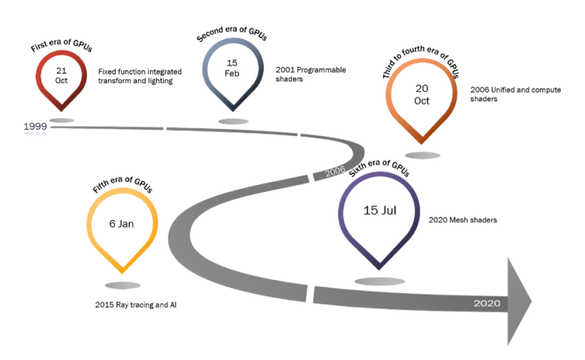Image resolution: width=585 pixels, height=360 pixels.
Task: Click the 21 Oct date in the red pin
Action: pyautogui.click(x=62, y=75)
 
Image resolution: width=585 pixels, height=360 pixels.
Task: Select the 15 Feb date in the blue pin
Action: pyautogui.click(x=232, y=68)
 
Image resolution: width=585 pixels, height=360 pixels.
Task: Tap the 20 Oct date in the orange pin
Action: pyautogui.click(x=422, y=94)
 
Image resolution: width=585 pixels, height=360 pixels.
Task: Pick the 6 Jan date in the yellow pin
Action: pyautogui.click(x=121, y=224)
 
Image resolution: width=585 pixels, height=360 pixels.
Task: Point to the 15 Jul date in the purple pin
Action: pyautogui.click(x=380, y=210)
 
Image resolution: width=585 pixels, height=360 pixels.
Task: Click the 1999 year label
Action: pyautogui.click(x=36, y=126)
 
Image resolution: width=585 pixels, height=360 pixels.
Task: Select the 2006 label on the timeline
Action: pyautogui.click(x=335, y=171)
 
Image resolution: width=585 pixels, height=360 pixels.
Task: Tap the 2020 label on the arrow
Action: pyautogui.click(x=487, y=303)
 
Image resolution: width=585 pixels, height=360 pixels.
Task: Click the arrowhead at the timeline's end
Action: pyautogui.click(x=519, y=301)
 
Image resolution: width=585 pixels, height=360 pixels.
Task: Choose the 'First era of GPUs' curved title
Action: pyautogui.click(x=61, y=45)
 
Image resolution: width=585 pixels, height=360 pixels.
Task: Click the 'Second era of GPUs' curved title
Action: pyautogui.click(x=232, y=33)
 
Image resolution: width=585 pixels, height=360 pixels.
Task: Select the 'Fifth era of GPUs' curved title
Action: pyautogui.click(x=123, y=184)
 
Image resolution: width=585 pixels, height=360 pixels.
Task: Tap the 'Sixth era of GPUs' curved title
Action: pyautogui.click(x=379, y=167)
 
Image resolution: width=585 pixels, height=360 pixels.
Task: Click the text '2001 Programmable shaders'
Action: pyautogui.click(x=311, y=74)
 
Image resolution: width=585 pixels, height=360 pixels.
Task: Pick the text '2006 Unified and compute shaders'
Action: pyautogui.click(x=515, y=94)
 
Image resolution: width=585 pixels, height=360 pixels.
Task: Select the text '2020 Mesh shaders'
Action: pyautogui.click(x=462, y=220)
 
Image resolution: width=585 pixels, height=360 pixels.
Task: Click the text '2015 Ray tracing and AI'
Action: pyautogui.click(x=136, y=305)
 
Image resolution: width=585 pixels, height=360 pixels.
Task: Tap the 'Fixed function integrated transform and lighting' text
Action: pyautogui.click(x=140, y=76)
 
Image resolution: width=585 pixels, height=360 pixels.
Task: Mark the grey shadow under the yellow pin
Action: pyautogui.click(x=123, y=285)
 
